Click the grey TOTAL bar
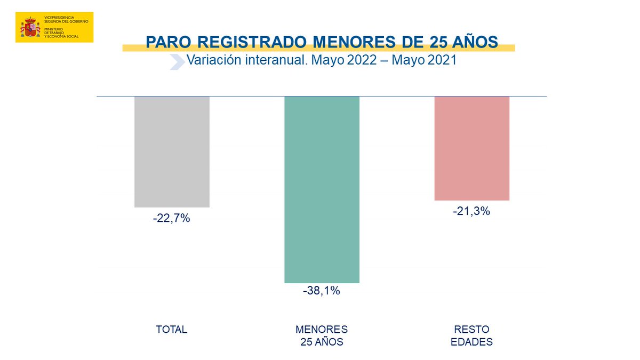pyautogui.click(x=172, y=151)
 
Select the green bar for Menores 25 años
pyautogui.click(x=322, y=189)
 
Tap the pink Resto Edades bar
pyautogui.click(x=471, y=148)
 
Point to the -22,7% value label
pyautogui.click(x=172, y=218)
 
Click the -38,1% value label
pyautogui.click(x=322, y=291)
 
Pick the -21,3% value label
pyautogui.click(x=471, y=211)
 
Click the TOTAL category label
pyautogui.click(x=172, y=330)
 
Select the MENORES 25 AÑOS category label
pyautogui.click(x=322, y=335)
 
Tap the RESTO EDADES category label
pyautogui.click(x=471, y=335)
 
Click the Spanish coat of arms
pyautogui.click(x=30, y=27)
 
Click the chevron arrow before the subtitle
pyautogui.click(x=177, y=61)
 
